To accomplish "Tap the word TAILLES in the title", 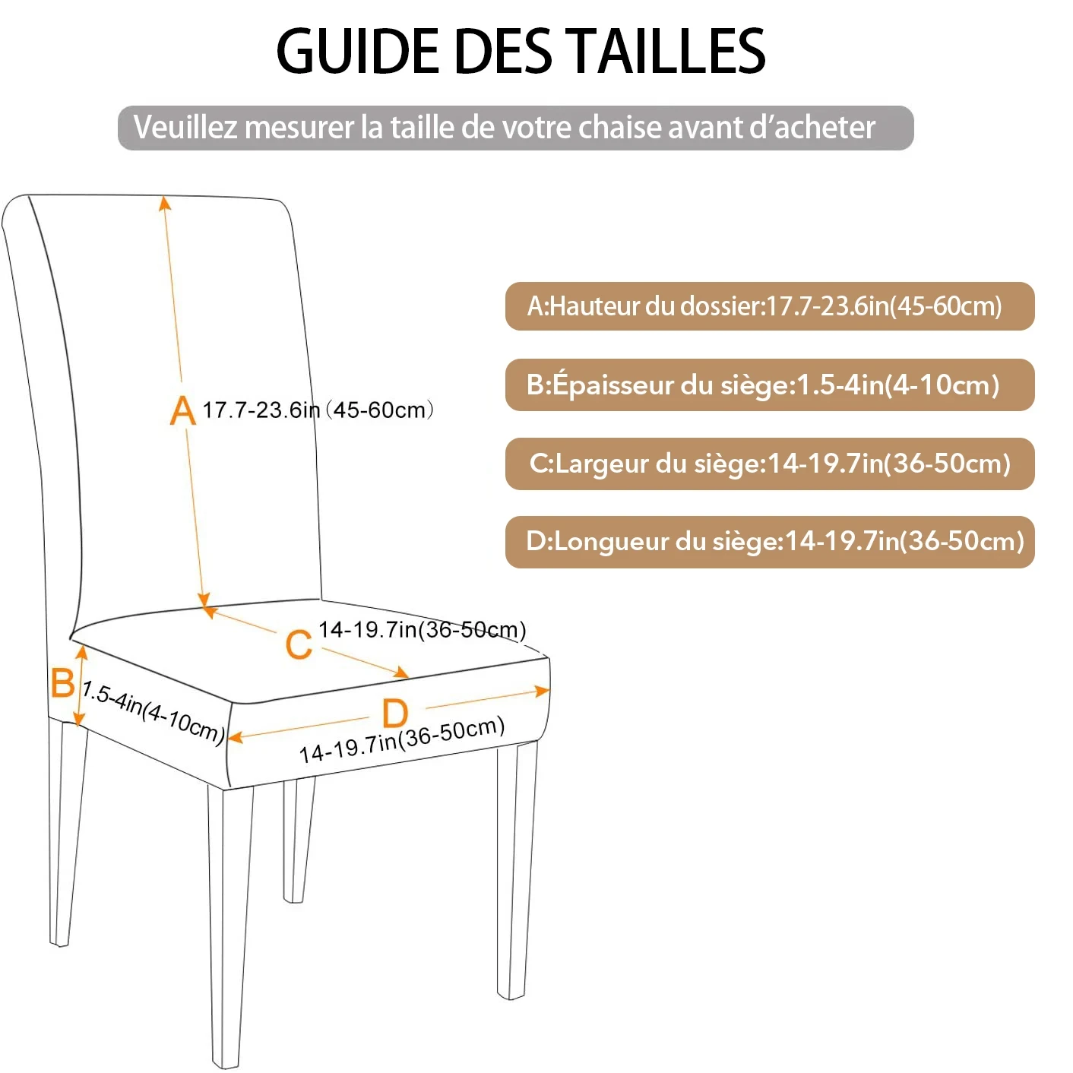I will (x=668, y=51).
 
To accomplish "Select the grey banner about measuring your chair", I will (x=515, y=128).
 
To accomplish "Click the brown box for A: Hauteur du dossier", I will (x=769, y=306).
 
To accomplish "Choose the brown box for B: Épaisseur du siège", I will (x=769, y=385).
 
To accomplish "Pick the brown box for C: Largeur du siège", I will (x=769, y=464).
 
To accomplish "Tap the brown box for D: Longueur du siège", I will (x=769, y=542).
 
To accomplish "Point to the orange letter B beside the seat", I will (x=62, y=682).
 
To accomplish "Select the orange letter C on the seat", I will (x=299, y=644).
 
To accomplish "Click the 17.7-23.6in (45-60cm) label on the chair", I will (x=318, y=410).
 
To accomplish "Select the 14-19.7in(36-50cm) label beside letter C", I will (x=422, y=630).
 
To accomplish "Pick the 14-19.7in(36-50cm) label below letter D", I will (x=402, y=739).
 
